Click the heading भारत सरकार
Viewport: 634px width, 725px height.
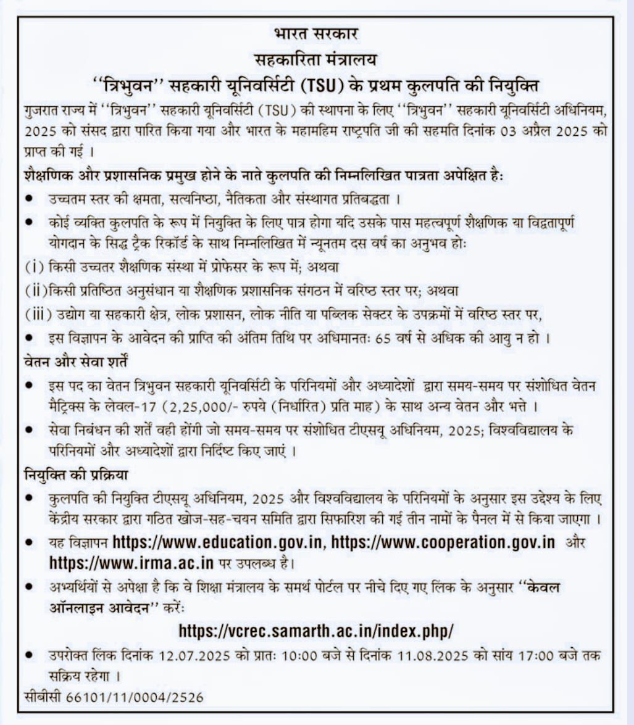pos(316,34)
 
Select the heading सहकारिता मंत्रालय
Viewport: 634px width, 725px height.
pos(316,60)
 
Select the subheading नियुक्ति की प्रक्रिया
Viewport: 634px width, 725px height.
pos(77,476)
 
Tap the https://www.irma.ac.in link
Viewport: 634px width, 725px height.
pos(131,563)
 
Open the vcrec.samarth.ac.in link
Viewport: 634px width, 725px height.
pos(316,631)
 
